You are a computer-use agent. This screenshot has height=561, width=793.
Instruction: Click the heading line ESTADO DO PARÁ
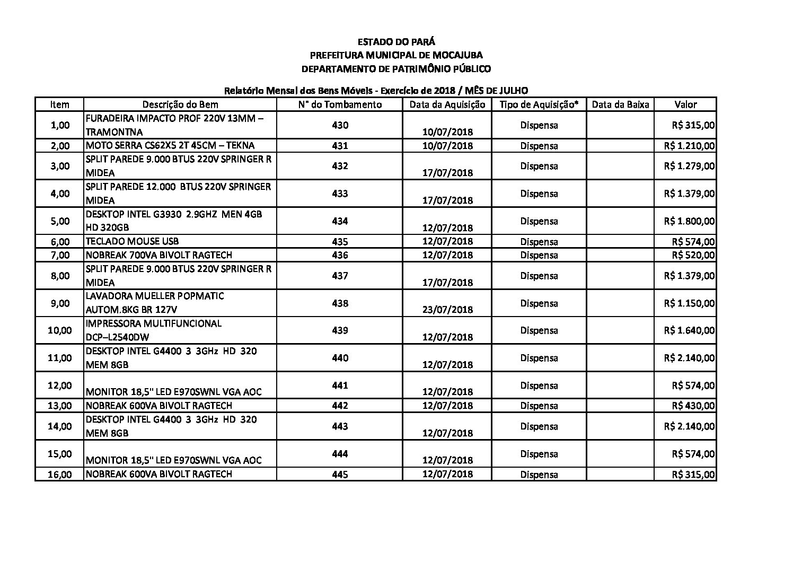(396, 41)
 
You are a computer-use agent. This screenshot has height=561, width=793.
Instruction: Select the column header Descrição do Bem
(180, 104)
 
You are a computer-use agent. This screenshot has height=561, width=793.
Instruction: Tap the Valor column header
(685, 104)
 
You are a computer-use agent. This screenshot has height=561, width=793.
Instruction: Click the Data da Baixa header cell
(620, 104)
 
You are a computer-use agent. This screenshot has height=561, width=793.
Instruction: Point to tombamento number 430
(340, 125)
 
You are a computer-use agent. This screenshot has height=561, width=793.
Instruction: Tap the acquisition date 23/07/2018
(447, 310)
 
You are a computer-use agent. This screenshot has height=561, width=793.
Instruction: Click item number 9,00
(60, 303)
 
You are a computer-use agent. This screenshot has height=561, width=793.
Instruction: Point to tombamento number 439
(340, 330)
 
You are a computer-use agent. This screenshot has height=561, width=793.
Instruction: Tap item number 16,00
(60, 475)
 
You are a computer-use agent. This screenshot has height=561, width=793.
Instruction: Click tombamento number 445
(340, 475)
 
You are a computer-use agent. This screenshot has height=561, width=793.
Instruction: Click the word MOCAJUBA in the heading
(457, 55)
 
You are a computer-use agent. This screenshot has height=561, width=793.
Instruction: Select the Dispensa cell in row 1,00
(539, 125)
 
